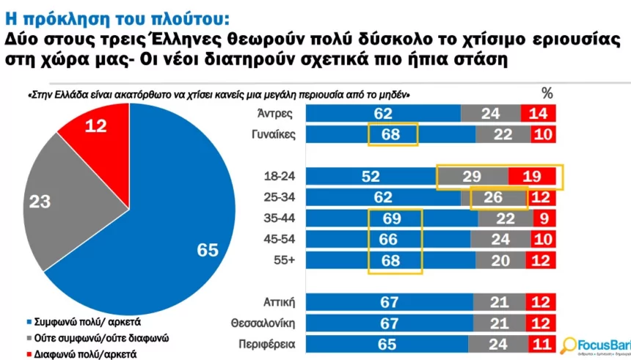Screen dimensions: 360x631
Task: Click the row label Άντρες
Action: pyautogui.click(x=276, y=114)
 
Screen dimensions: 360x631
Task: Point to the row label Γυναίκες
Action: pyautogui.click(x=271, y=135)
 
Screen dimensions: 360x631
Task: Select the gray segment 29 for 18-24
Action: pyautogui.click(x=473, y=177)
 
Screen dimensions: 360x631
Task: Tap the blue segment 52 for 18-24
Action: pyautogui.click(x=371, y=177)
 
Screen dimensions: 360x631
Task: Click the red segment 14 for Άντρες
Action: pyautogui.click(x=538, y=114)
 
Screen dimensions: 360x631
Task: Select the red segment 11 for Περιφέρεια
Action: pyautogui.click(x=539, y=345)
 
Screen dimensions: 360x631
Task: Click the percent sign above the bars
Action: pyautogui.click(x=546, y=93)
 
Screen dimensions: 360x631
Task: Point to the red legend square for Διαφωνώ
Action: pyautogui.click(x=29, y=354)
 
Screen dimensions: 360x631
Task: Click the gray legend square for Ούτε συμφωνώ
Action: pyautogui.click(x=29, y=338)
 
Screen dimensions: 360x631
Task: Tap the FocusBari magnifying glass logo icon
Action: pyautogui.click(x=568, y=343)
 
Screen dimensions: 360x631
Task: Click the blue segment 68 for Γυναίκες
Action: pyautogui.click(x=390, y=135)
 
